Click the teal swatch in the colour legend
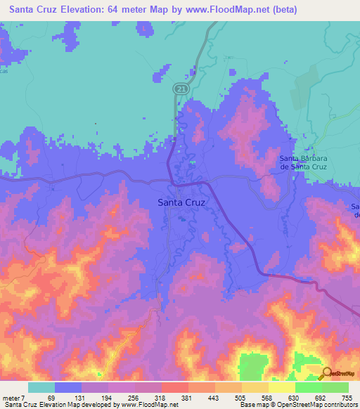[x=41, y=387]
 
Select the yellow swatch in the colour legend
[x=281, y=387]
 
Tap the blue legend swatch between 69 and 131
[x=68, y=387]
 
